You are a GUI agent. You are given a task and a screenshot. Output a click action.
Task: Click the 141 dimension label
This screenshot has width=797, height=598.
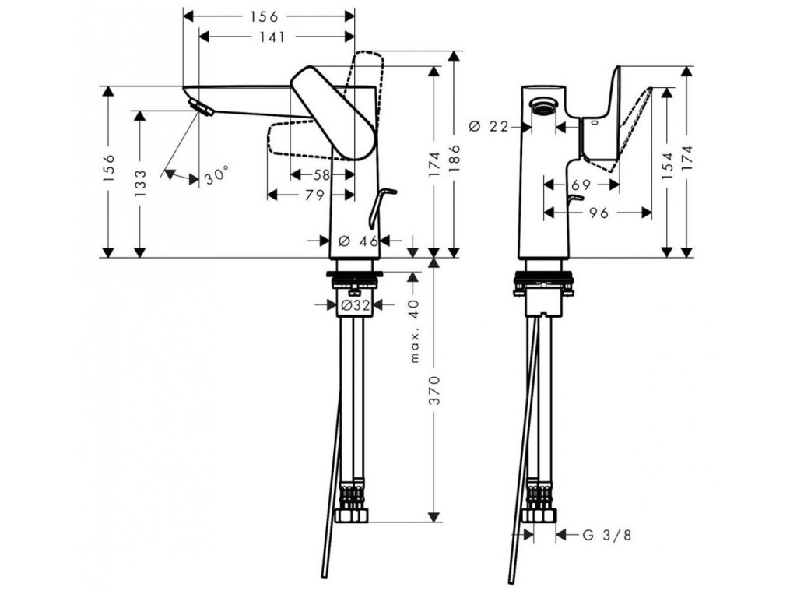(272, 37)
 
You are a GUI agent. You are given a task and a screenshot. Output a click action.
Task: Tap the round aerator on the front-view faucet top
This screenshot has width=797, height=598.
(543, 107)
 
